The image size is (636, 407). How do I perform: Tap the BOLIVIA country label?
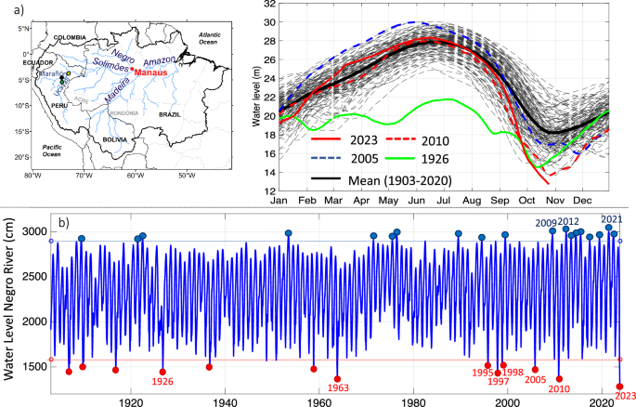click(116, 138)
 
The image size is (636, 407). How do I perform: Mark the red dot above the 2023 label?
click(619, 386)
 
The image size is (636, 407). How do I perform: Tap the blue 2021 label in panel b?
click(613, 218)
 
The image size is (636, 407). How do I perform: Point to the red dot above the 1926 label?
click(162, 372)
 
